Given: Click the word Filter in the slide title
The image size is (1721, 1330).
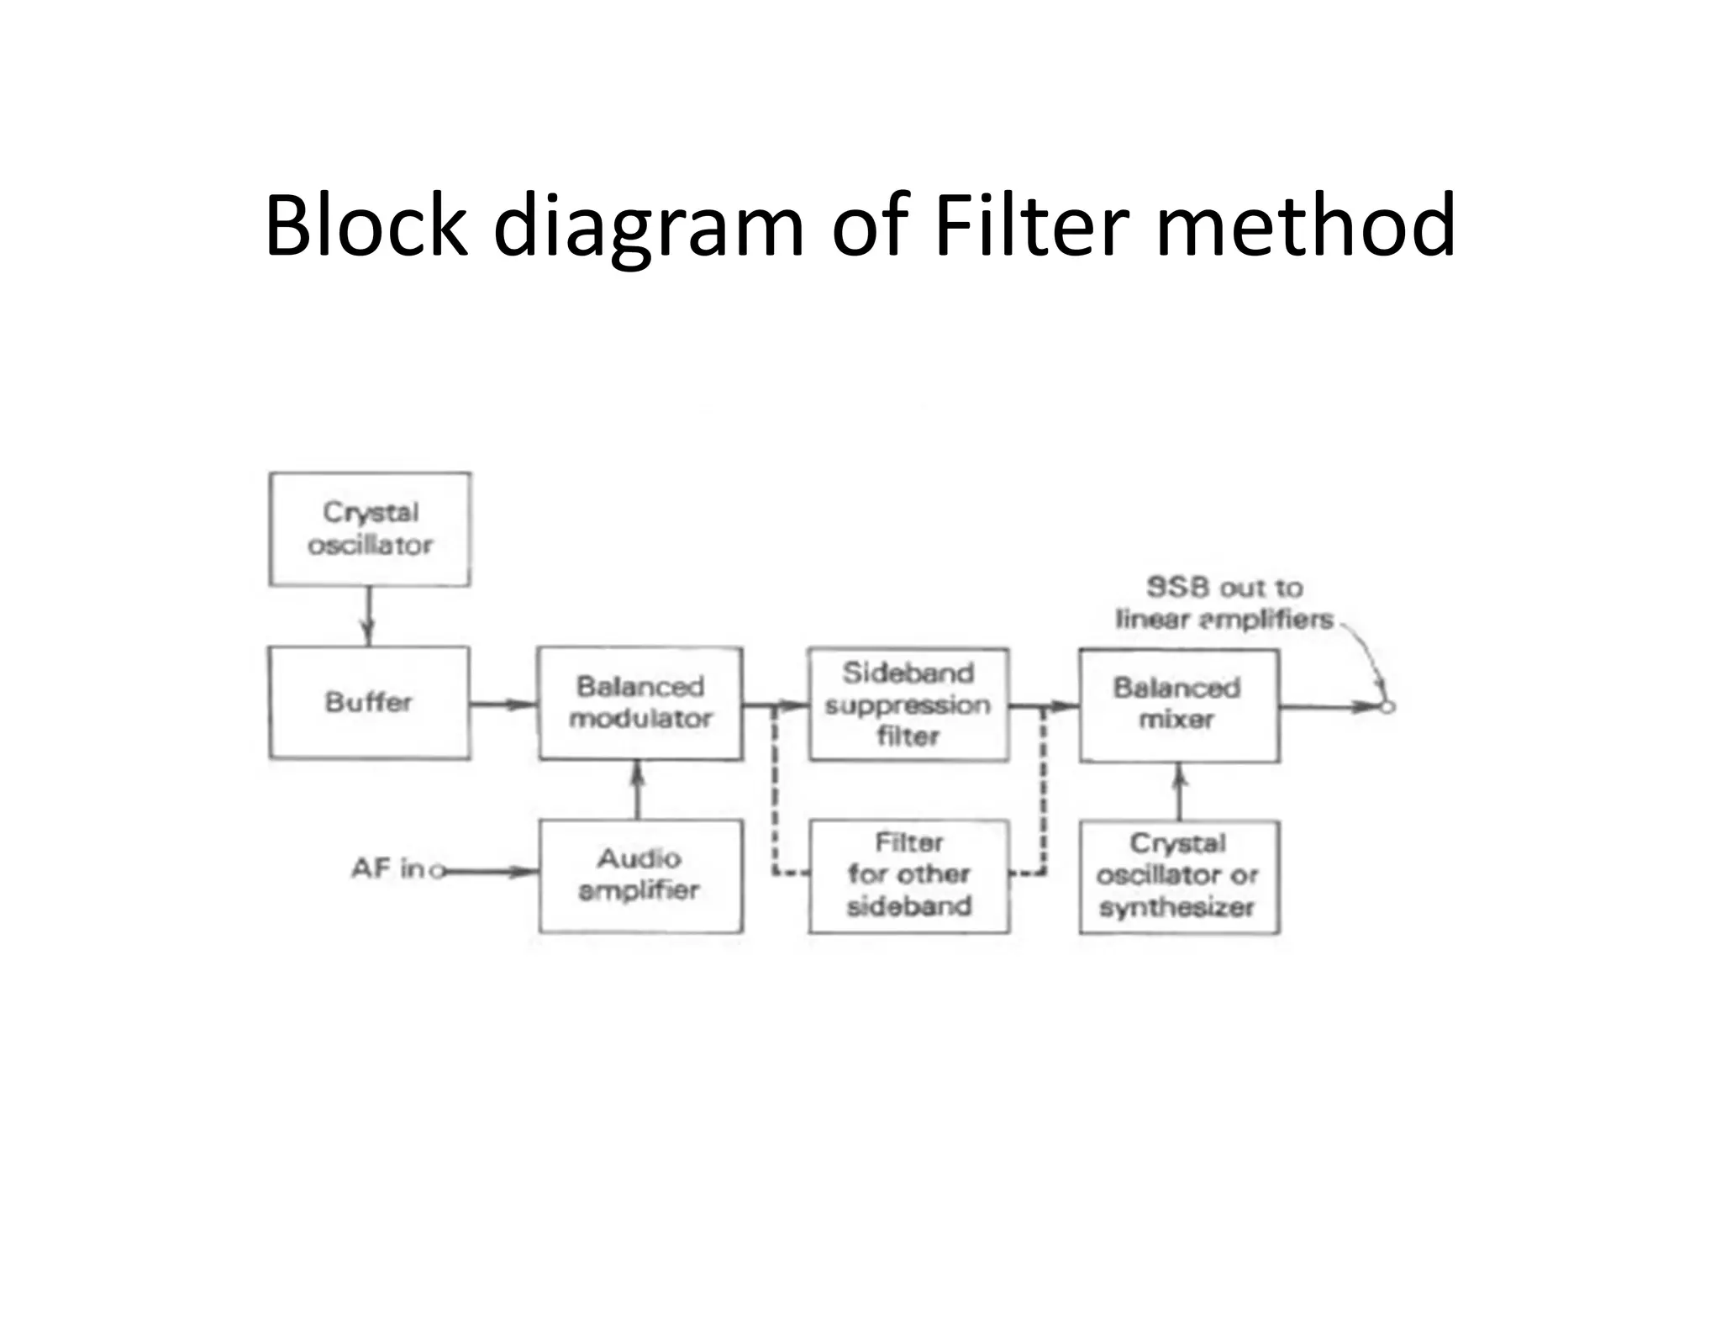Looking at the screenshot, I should (1031, 225).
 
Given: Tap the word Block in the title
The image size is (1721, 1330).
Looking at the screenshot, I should (365, 225).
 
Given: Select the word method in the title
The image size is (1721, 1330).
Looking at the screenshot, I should (1306, 225).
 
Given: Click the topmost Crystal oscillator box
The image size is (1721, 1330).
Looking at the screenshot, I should (370, 529).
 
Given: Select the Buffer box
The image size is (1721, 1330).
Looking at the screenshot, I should (369, 703).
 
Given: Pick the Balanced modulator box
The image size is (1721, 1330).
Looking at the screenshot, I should (640, 703).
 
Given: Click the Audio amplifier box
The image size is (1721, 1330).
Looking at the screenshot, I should (640, 875).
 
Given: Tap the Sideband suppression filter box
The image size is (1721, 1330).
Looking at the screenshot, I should (908, 704).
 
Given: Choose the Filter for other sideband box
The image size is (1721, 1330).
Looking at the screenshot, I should (909, 875).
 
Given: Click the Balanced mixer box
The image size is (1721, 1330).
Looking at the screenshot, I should (1179, 705).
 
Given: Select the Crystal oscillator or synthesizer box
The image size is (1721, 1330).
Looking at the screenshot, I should (1179, 876).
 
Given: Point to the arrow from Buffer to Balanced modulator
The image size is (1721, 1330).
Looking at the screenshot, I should (503, 705).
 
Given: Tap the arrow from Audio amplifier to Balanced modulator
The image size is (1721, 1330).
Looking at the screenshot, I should (638, 789).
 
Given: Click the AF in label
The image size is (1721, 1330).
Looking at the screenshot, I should (387, 868).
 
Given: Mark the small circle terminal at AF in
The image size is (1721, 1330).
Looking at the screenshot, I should (436, 872).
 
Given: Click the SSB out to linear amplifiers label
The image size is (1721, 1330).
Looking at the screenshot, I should (1224, 603).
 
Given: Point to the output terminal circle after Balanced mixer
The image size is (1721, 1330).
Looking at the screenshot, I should (1387, 707).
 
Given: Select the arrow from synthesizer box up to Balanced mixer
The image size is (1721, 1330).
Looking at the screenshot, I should (1180, 791).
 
